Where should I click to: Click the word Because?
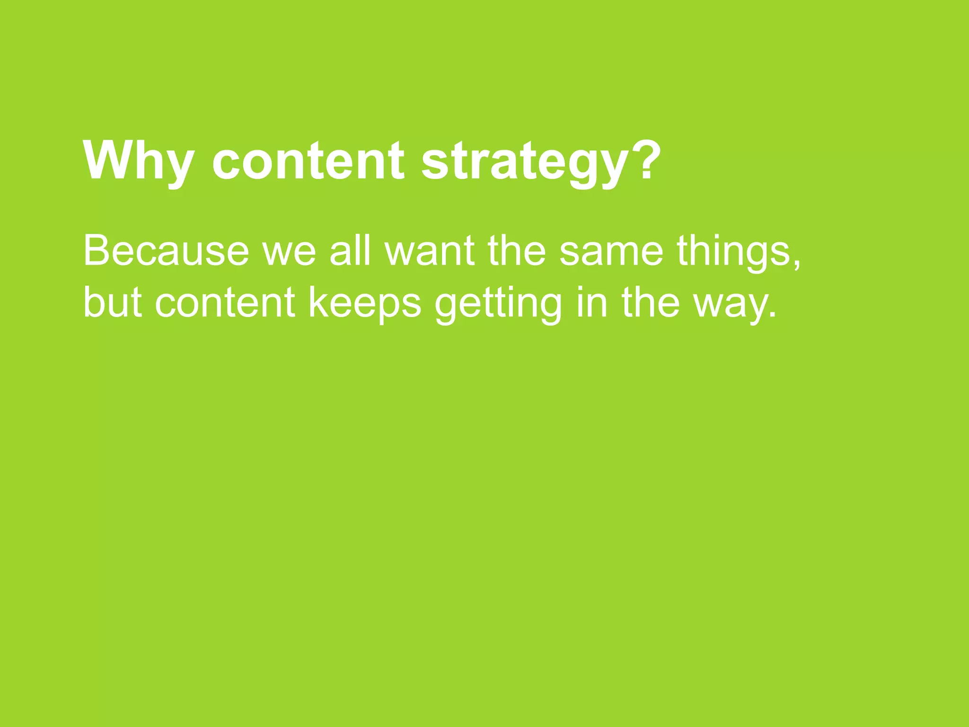pos(166,251)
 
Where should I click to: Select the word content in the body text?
pos(225,303)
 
